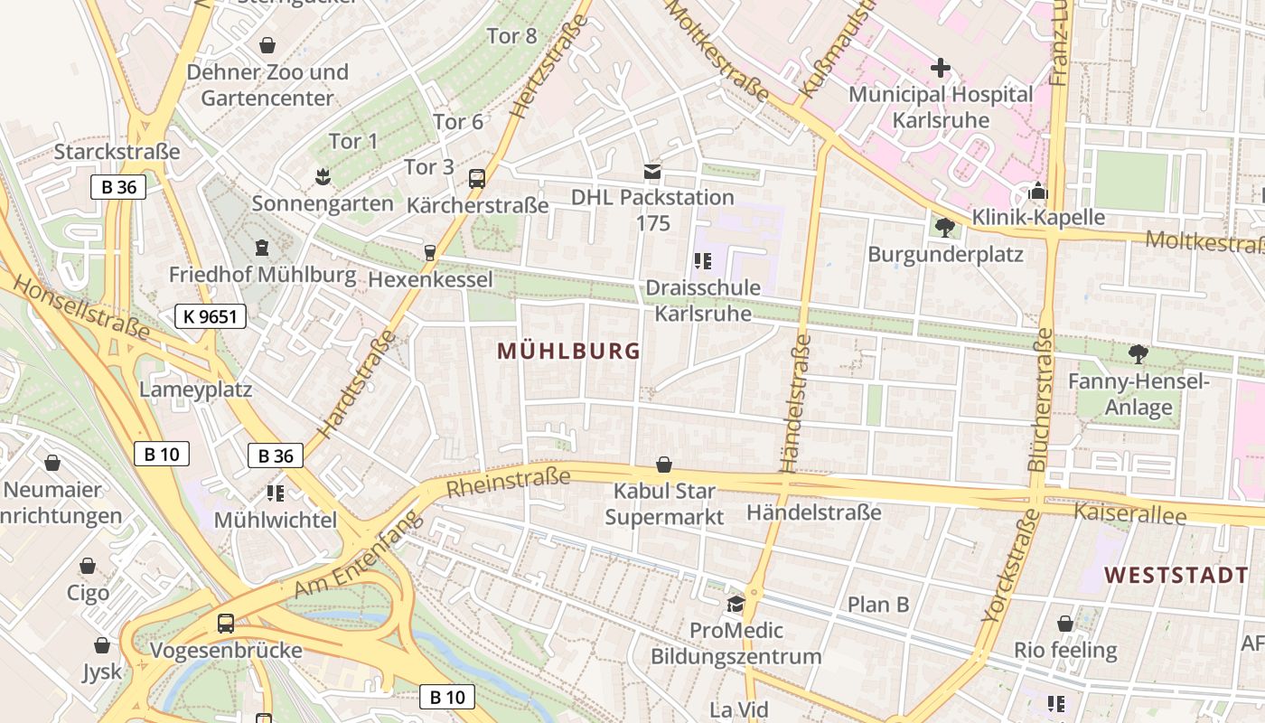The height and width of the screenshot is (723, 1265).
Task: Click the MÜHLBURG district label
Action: tap(568, 352)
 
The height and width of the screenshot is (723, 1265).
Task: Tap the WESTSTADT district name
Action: tap(1176, 575)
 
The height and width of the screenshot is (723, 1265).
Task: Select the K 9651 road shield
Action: tap(210, 316)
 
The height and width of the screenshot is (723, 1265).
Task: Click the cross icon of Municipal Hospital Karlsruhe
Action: tap(941, 68)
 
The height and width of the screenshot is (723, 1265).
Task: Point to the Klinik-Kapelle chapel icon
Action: tap(1038, 192)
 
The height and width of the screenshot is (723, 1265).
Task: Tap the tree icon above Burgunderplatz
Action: tap(945, 227)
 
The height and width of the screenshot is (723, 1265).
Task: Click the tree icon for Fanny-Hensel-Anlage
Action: tap(1138, 354)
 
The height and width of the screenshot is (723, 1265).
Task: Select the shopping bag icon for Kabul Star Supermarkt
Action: tap(664, 465)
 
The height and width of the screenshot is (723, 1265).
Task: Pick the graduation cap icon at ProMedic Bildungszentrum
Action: tap(736, 603)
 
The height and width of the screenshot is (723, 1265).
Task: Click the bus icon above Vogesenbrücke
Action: tap(226, 623)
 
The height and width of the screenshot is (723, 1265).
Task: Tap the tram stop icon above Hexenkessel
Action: tap(430, 253)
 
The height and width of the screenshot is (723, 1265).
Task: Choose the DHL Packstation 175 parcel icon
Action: tap(652, 171)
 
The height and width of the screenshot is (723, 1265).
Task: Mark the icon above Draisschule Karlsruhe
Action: tap(703, 261)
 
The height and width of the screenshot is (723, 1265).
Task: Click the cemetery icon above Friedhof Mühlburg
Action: tap(262, 247)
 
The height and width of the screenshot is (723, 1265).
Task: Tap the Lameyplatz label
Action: tap(195, 390)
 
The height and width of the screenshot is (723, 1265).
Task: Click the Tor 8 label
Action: tap(511, 36)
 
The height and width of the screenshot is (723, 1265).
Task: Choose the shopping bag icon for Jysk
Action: tap(102, 645)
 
